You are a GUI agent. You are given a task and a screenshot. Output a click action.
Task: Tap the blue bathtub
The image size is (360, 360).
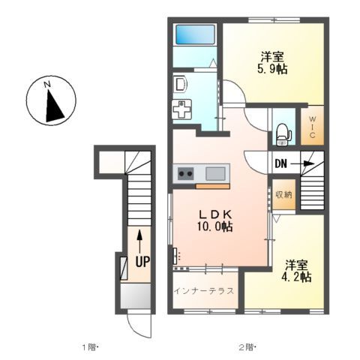point(195,34)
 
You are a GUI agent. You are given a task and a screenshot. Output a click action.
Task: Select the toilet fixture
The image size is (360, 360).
point(282,132)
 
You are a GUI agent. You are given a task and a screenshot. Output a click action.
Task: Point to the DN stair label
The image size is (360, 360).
point(280,163)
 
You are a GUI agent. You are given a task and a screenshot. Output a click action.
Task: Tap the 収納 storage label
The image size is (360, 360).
point(282,195)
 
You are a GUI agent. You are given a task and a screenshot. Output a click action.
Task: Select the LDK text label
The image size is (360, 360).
point(212,214)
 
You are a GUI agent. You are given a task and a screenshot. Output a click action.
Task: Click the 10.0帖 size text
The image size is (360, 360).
point(215,226)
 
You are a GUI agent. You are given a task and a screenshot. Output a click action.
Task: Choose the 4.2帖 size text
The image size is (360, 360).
point(297,276)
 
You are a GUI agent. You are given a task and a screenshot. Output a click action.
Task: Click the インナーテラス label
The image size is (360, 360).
point(204,290)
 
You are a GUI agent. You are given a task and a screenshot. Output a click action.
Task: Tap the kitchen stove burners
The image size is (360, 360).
point(184,174)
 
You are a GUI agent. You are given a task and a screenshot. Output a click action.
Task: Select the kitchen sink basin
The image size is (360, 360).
point(216,174)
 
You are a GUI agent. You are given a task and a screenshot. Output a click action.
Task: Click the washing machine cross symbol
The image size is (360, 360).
point(182,109)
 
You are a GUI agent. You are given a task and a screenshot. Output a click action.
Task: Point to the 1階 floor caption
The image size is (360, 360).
point(89,347)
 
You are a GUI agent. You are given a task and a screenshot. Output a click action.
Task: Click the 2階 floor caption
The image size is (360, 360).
point(247,347)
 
